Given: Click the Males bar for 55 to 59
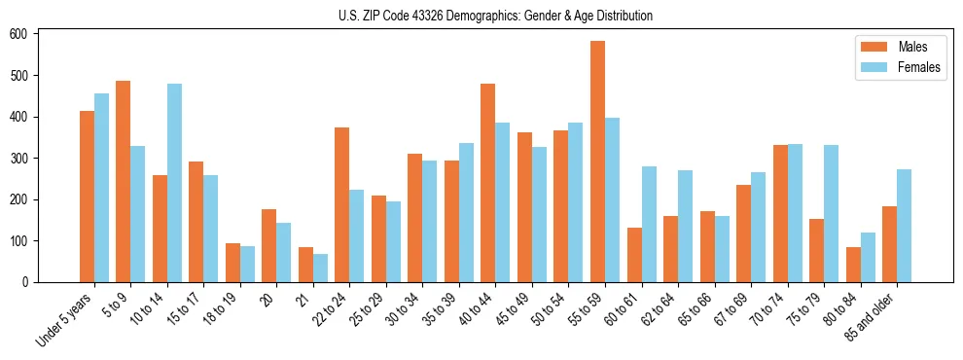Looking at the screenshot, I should coord(597,162).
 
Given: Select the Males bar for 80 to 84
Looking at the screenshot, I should coord(853,265).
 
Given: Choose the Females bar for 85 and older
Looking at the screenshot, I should coord(904,226).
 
